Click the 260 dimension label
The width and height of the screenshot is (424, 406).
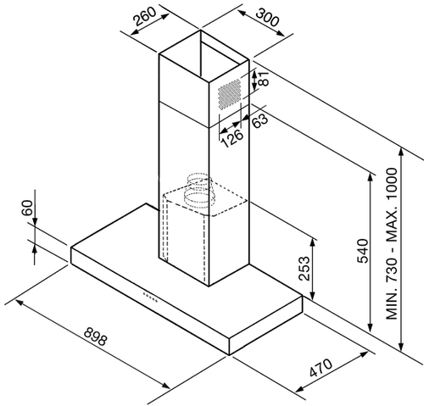[x=145, y=16]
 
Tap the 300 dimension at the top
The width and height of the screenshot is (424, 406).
[x=267, y=17]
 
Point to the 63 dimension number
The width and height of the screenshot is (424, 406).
[x=259, y=121]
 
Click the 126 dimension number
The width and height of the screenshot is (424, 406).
[x=232, y=138]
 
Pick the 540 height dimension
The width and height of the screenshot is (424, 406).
[x=363, y=251]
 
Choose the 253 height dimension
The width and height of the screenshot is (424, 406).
[x=304, y=268]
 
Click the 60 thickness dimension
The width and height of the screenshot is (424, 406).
[x=27, y=208]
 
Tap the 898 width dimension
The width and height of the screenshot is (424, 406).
[x=95, y=336]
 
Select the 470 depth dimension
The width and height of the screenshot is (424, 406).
[x=321, y=368]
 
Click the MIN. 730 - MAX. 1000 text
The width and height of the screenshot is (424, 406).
[x=392, y=244]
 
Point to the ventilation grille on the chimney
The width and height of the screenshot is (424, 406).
[x=229, y=94]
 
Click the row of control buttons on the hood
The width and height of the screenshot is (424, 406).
[x=150, y=297]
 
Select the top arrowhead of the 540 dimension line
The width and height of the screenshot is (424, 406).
[x=369, y=177]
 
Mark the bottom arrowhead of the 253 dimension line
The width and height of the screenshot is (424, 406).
[x=312, y=295]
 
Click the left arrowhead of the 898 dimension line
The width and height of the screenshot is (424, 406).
[x=20, y=303]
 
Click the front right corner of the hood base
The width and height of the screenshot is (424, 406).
[x=229, y=354]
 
